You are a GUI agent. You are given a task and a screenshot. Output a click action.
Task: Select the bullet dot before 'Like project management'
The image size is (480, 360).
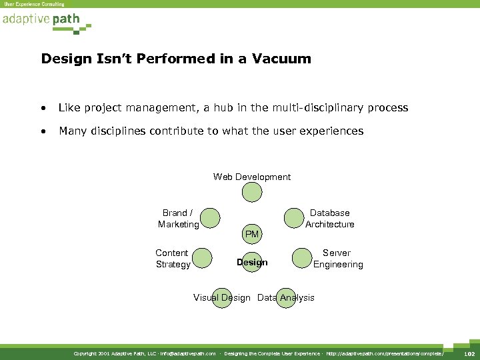(x=43, y=108)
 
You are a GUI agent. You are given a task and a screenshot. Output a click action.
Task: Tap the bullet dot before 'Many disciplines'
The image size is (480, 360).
(x=43, y=131)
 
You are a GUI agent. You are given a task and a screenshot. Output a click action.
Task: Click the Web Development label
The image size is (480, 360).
(x=252, y=177)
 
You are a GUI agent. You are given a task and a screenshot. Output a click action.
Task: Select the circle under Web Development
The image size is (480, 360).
(x=252, y=192)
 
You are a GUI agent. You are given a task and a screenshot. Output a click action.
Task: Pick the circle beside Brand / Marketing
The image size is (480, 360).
(x=210, y=217)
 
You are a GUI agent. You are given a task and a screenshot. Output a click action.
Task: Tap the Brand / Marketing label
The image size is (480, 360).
(x=178, y=219)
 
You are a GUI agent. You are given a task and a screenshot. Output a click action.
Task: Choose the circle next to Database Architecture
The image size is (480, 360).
(x=293, y=217)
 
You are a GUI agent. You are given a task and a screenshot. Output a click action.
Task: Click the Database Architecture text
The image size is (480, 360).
(x=329, y=219)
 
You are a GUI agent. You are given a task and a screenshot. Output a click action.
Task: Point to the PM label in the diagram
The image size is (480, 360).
(x=252, y=234)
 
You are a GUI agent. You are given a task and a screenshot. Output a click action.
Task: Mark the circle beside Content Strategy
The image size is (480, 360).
(x=203, y=258)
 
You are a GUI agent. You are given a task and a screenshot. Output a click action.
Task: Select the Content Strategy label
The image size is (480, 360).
(x=173, y=259)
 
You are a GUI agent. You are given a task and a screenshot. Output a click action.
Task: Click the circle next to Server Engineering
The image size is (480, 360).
(x=302, y=258)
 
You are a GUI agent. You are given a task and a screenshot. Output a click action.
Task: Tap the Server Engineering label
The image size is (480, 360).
(x=338, y=259)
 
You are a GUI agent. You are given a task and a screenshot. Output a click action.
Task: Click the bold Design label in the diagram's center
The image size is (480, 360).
(x=252, y=262)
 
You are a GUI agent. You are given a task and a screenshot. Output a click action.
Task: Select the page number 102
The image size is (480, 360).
(x=469, y=353)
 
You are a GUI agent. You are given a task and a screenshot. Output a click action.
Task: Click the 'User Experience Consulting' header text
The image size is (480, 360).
(x=35, y=4)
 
